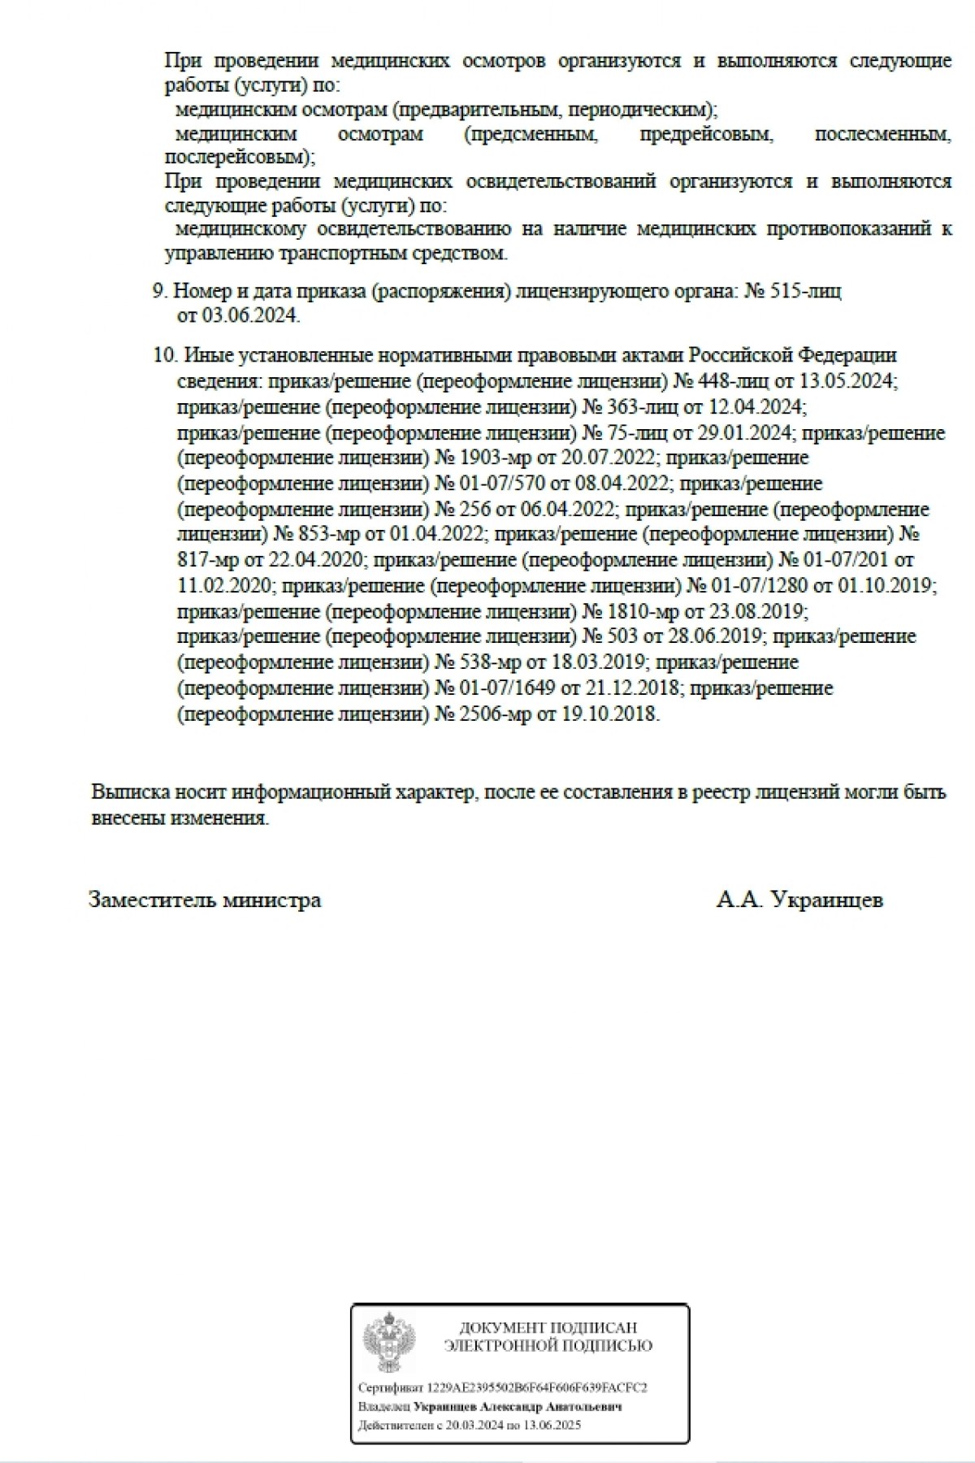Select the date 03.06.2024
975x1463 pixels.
coord(250,316)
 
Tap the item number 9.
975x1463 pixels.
coord(159,291)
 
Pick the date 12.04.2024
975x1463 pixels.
coord(756,406)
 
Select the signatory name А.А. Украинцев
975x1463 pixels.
coord(799,900)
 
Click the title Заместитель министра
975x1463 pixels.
coord(205,900)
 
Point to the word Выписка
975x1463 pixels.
coord(129,792)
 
